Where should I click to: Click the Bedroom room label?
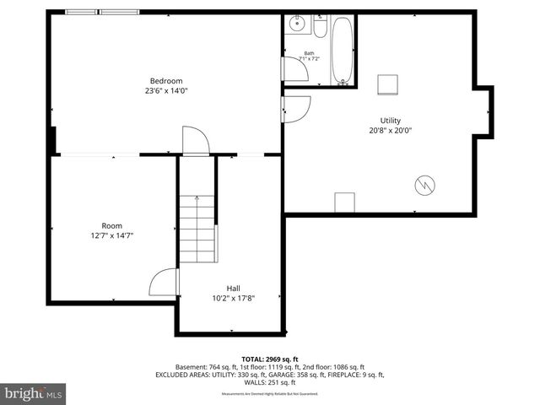[167, 81]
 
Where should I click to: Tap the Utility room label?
[391, 121]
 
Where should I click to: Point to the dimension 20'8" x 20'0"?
[391, 130]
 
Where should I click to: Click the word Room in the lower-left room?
[111, 226]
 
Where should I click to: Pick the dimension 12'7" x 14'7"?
[111, 235]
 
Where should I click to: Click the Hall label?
[233, 288]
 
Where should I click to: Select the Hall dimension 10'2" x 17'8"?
[233, 297]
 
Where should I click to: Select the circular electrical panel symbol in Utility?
[425, 185]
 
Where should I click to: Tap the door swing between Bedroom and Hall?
[195, 141]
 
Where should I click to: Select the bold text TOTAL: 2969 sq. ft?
[269, 359]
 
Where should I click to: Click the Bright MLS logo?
[34, 393]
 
